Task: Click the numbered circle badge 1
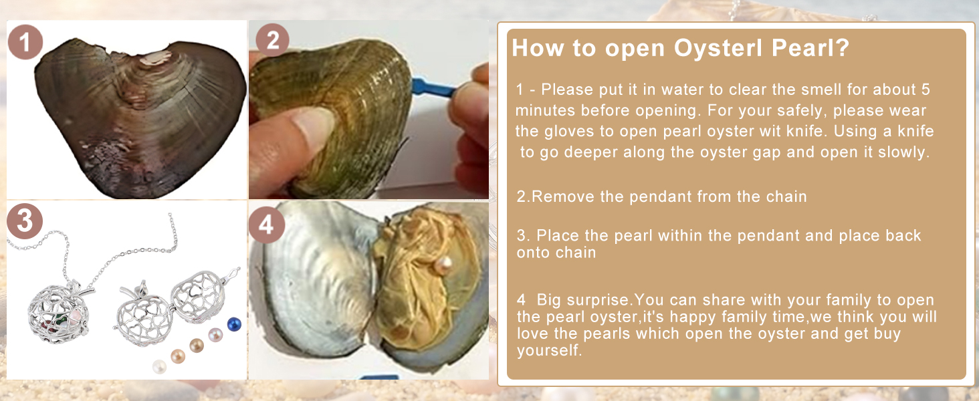point(25,42)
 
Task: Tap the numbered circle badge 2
point(272,40)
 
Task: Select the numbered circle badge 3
point(25,221)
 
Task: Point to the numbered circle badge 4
point(266,225)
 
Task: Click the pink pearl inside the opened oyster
point(443,265)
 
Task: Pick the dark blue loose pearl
point(234,324)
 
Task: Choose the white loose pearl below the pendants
point(160,366)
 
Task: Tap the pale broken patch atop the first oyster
point(155,57)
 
